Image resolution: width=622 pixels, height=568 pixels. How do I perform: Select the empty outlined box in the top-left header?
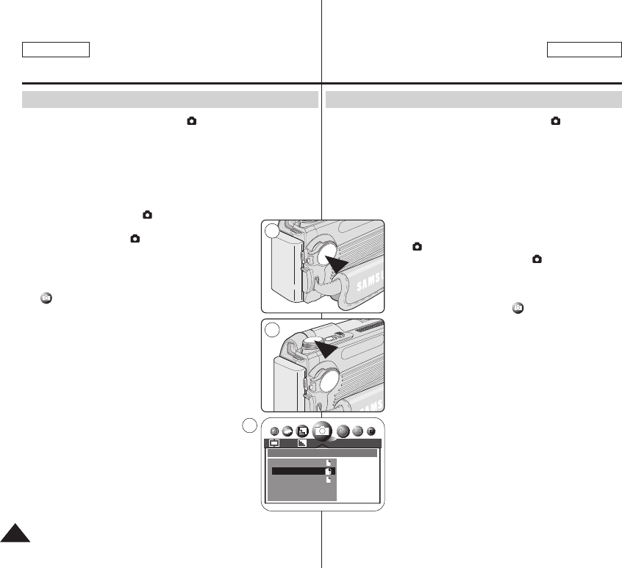[56, 49]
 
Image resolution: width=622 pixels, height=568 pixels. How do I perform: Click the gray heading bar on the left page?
[170, 100]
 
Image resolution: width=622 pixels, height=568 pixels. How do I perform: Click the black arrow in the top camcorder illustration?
[340, 261]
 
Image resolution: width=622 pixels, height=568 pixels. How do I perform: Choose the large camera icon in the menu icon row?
[321, 431]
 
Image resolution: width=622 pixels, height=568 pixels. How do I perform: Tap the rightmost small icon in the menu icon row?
[371, 431]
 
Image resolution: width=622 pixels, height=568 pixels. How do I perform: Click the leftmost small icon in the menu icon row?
[274, 432]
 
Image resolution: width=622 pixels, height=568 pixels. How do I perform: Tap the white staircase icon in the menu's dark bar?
[302, 443]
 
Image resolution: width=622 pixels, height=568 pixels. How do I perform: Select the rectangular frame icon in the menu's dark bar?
[274, 443]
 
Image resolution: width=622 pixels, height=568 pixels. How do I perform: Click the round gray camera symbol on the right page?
[518, 307]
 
